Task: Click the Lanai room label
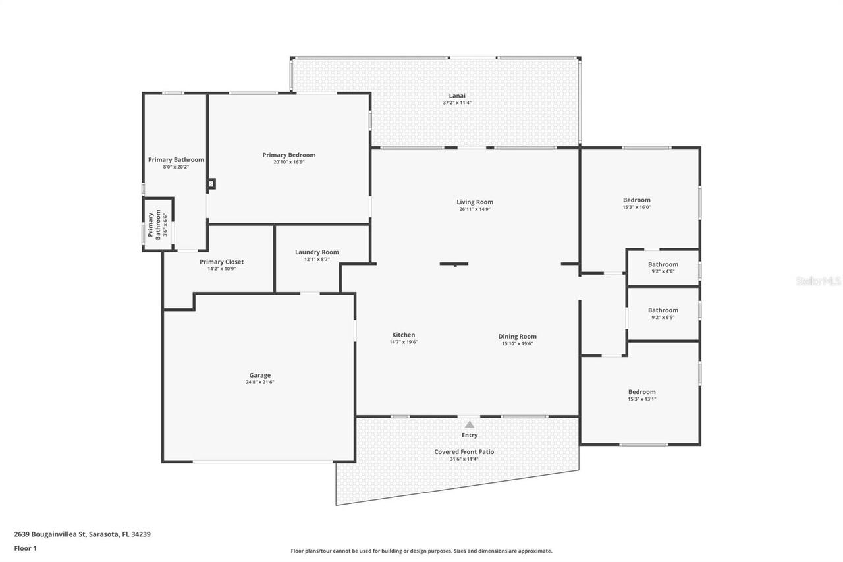pyautogui.click(x=456, y=96)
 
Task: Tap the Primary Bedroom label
pyautogui.click(x=288, y=155)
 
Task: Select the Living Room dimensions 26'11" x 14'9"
pyautogui.click(x=475, y=209)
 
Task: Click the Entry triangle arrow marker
pyautogui.click(x=469, y=424)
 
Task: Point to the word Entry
pyautogui.click(x=469, y=435)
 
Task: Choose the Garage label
pyautogui.click(x=259, y=375)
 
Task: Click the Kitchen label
pyautogui.click(x=403, y=335)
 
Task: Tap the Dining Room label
pyautogui.click(x=517, y=336)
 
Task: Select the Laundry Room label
pyautogui.click(x=317, y=252)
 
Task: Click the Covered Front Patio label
pyautogui.click(x=464, y=451)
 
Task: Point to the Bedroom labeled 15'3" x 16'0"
pyautogui.click(x=636, y=200)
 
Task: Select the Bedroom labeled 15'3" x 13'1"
pyautogui.click(x=641, y=391)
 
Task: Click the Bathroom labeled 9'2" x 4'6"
pyautogui.click(x=663, y=264)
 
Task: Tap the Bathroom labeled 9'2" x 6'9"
pyautogui.click(x=663, y=310)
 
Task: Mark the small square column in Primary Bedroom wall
pyautogui.click(x=211, y=184)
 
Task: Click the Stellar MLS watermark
pyautogui.click(x=818, y=281)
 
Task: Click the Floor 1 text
pyautogui.click(x=25, y=548)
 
